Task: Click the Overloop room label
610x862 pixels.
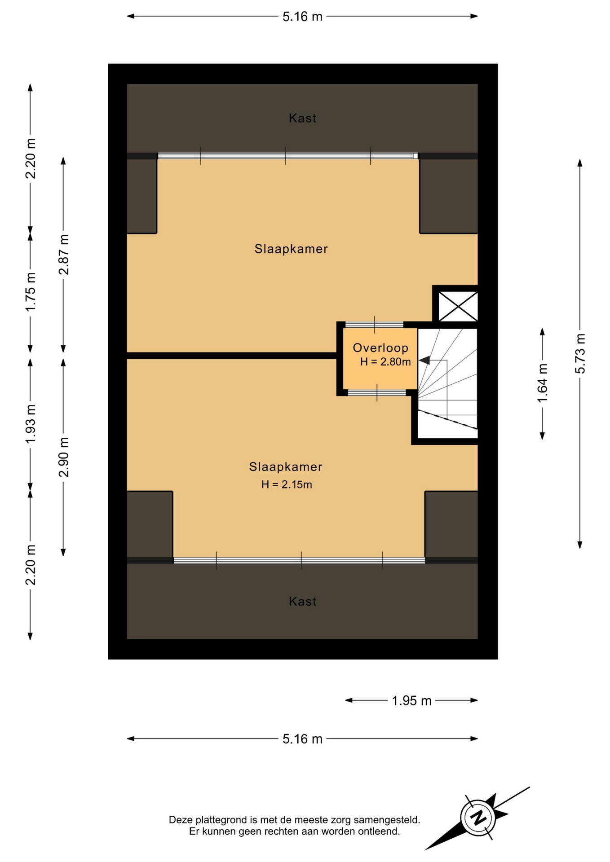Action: click(x=380, y=348)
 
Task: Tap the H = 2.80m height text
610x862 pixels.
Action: click(x=385, y=362)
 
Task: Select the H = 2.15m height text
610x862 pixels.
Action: click(x=287, y=484)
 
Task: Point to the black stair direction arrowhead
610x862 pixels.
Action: click(x=424, y=360)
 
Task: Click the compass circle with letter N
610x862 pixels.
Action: click(x=478, y=818)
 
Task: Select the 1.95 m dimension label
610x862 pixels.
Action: click(x=411, y=700)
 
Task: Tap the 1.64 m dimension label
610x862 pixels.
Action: click(x=543, y=383)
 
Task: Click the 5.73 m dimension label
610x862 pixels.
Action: click(x=580, y=354)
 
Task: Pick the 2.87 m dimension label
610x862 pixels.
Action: click(x=64, y=255)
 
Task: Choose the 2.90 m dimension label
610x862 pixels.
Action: click(x=64, y=457)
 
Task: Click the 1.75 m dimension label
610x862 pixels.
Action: click(x=31, y=292)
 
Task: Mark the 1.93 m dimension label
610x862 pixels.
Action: click(x=31, y=424)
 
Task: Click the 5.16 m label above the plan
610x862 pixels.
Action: click(x=302, y=17)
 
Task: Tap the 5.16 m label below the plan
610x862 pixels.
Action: click(x=302, y=739)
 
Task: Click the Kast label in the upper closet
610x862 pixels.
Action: click(x=302, y=119)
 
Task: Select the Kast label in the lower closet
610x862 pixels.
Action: click(x=302, y=602)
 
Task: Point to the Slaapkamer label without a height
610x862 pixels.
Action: click(x=291, y=249)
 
